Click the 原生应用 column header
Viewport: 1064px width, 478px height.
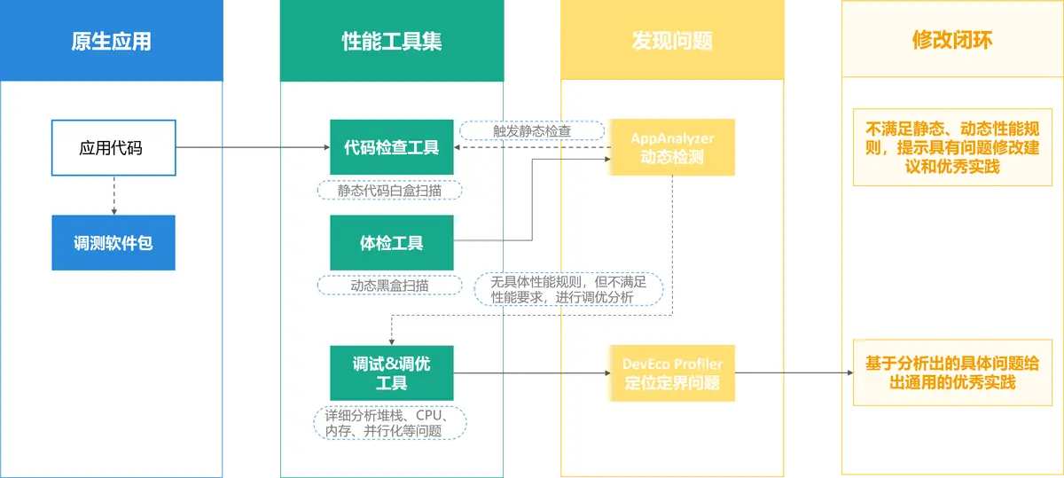click(x=112, y=41)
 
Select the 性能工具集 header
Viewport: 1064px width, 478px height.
click(x=391, y=41)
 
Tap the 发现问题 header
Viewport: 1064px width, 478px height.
click(x=671, y=41)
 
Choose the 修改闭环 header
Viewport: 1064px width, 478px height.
click(x=951, y=41)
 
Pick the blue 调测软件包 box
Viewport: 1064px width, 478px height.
click(x=113, y=242)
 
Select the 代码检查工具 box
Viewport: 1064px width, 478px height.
click(x=391, y=147)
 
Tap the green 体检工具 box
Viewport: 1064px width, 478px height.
click(x=391, y=242)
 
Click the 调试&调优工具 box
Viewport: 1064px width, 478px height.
click(x=391, y=372)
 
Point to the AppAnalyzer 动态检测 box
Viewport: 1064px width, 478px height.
click(x=672, y=147)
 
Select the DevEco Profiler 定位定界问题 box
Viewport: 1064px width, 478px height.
click(x=672, y=372)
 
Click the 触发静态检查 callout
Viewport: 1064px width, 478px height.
click(x=531, y=131)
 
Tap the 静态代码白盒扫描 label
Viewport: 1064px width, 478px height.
click(x=390, y=190)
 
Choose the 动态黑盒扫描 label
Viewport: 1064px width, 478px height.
click(x=390, y=286)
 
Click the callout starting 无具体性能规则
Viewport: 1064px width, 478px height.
click(x=568, y=289)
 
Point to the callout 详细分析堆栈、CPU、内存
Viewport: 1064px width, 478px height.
click(x=390, y=422)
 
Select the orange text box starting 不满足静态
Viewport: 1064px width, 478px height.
click(x=951, y=147)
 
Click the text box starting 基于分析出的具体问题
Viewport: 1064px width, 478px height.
click(x=951, y=372)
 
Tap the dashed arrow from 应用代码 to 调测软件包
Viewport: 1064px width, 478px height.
click(x=113, y=195)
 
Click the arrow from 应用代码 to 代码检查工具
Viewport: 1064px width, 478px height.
click(x=253, y=147)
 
